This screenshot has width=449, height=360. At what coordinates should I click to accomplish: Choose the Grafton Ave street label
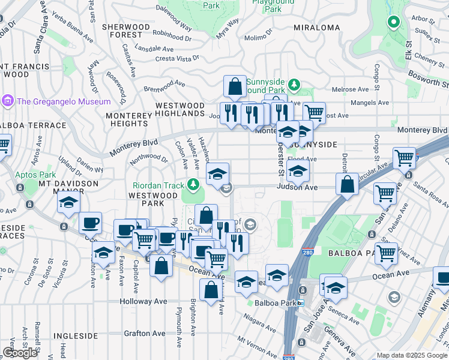[x=145, y=333]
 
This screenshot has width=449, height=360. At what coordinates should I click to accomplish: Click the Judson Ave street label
[x=297, y=187]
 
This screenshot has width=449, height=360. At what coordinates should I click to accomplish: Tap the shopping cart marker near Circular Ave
[x=405, y=158]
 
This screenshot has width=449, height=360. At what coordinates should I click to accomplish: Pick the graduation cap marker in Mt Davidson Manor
[x=69, y=203]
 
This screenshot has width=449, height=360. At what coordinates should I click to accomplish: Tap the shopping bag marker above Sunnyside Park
[x=235, y=86]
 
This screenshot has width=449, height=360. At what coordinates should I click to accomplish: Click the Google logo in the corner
[x=20, y=353]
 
